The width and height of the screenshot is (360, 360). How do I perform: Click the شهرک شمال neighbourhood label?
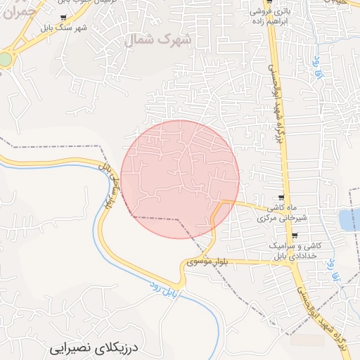click(x=157, y=40)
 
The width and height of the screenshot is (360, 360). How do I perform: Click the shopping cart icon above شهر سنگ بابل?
click(x=64, y=18)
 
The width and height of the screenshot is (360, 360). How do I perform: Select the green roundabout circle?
click(x=5, y=60)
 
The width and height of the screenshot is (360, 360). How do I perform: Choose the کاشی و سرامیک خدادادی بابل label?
click(x=294, y=252)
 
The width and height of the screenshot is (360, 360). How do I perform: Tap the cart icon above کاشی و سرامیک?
click(x=295, y=236)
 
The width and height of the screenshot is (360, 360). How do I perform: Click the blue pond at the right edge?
click(x=349, y=220)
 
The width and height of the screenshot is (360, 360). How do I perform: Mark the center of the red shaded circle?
click(x=180, y=179)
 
